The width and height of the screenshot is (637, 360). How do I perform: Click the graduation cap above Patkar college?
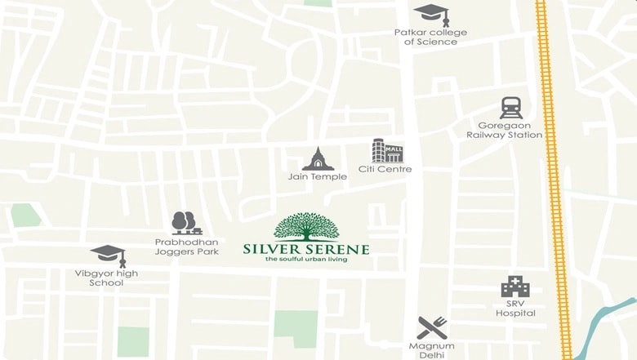(x=430, y=14)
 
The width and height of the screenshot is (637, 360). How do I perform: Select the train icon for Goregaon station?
(x=511, y=107)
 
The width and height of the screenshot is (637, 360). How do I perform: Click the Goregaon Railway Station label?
(x=504, y=131)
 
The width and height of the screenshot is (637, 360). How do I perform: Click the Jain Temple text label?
(x=318, y=176)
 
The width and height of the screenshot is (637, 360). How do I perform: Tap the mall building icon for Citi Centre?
(x=387, y=150)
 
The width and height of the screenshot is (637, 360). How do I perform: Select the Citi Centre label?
(x=385, y=170)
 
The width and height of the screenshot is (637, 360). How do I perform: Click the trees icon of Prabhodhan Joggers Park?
(x=185, y=223)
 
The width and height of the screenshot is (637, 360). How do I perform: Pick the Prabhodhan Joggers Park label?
(x=187, y=247)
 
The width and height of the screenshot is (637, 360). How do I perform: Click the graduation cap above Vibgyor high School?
(x=108, y=255)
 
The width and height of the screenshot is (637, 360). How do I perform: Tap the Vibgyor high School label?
(x=107, y=278)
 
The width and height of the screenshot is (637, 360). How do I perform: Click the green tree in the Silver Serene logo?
(x=306, y=226)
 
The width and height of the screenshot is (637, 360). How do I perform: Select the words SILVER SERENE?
(x=306, y=249)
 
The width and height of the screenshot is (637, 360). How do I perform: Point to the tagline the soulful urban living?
(x=306, y=260)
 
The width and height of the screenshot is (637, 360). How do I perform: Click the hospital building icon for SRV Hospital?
(x=515, y=287)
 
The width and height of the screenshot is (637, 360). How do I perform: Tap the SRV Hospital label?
(x=515, y=309)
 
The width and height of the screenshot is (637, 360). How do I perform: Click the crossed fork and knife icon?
(x=431, y=327)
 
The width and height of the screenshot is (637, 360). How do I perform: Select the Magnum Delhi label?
(x=431, y=351)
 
